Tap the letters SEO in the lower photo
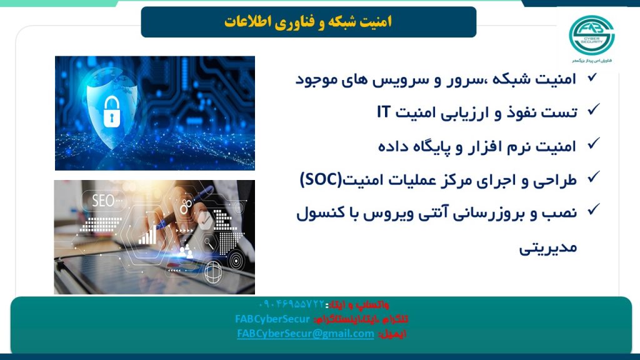[x=103, y=201]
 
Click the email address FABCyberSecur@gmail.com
[x=305, y=334]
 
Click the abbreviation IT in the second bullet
[x=384, y=112]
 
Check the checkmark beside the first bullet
[x=591, y=77]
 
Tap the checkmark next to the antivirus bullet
[x=591, y=211]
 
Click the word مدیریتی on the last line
[x=548, y=247]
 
